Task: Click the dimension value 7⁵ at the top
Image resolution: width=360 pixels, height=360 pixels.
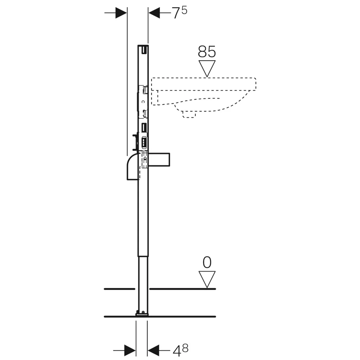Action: (180, 13)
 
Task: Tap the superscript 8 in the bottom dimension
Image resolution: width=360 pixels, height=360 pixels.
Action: (185, 348)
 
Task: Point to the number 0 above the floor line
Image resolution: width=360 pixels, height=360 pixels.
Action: (207, 262)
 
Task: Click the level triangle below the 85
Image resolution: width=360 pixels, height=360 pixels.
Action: (207, 69)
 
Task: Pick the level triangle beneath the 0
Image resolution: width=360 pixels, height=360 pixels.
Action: (207, 279)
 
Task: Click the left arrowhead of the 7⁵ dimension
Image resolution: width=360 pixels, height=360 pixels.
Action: (121, 13)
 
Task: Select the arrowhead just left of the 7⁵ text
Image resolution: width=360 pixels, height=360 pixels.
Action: (154, 13)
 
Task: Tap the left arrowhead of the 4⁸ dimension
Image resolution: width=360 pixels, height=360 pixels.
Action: (130, 351)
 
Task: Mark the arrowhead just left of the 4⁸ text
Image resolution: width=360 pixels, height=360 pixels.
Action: (153, 351)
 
